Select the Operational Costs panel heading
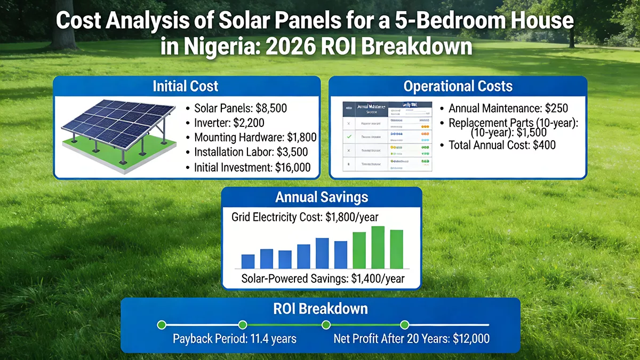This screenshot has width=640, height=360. [x=458, y=86]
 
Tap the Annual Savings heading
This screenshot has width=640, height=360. [x=322, y=197]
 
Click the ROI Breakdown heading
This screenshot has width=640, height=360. [x=321, y=308]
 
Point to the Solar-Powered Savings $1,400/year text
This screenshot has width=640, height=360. [x=323, y=278]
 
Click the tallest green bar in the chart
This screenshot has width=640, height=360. [x=378, y=247]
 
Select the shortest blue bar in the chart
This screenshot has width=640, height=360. [x=248, y=261]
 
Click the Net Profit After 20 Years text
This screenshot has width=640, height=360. [x=411, y=339]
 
